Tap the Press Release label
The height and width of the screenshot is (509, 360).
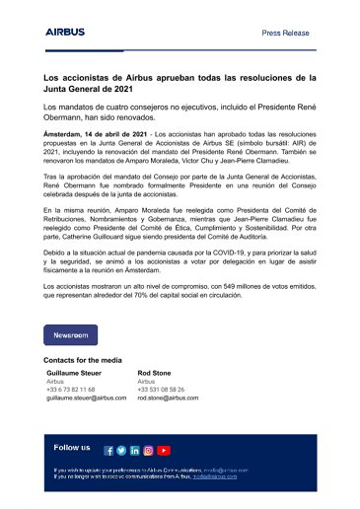click(x=285, y=33)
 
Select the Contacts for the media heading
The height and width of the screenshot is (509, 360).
click(x=84, y=361)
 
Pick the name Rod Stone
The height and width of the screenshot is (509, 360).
click(x=154, y=374)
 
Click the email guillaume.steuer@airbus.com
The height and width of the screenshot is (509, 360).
click(x=89, y=398)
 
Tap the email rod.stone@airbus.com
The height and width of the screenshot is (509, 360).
click(x=168, y=398)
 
